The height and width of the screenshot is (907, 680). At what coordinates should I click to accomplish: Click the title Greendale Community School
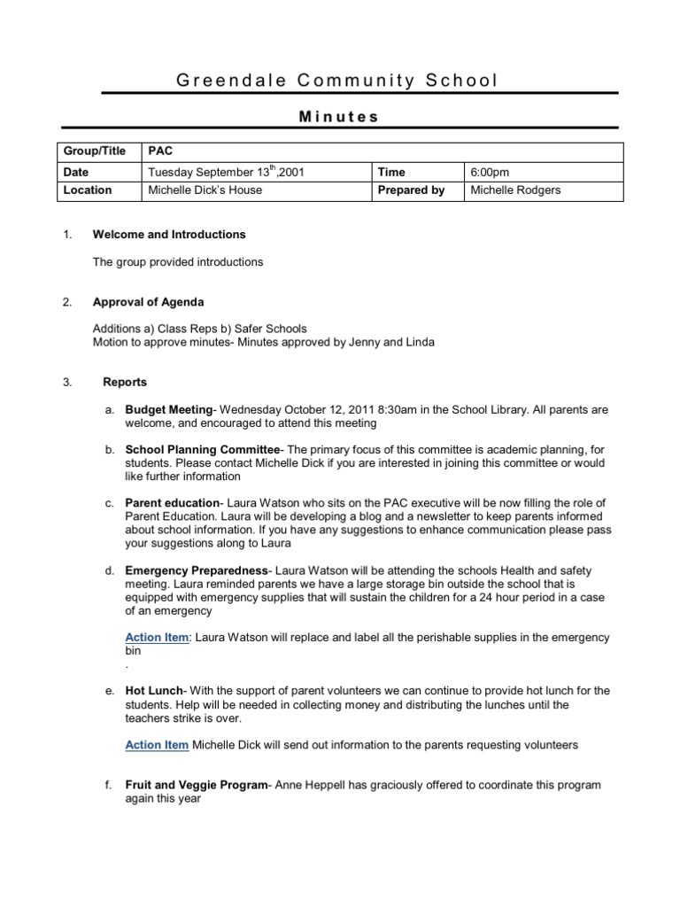pyautogui.click(x=337, y=81)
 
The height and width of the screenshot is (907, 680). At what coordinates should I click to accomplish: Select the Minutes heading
pyautogui.click(x=337, y=116)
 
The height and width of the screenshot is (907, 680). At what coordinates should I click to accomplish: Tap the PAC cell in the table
pyautogui.click(x=160, y=151)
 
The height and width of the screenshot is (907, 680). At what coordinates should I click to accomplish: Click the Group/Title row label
pyautogui.click(x=94, y=151)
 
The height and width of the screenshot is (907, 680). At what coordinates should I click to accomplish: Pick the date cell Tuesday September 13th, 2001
pyautogui.click(x=226, y=172)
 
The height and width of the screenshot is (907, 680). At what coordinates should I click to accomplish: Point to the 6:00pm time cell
pyautogui.click(x=490, y=172)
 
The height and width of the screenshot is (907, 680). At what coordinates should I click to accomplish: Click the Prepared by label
pyautogui.click(x=411, y=190)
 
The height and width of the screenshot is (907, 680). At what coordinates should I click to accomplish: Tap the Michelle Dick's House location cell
pyautogui.click(x=205, y=190)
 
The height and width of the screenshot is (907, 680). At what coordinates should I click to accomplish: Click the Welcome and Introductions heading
pyautogui.click(x=169, y=235)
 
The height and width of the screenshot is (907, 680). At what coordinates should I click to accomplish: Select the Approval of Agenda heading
pyautogui.click(x=148, y=302)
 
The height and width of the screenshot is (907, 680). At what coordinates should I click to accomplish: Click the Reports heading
pyautogui.click(x=125, y=383)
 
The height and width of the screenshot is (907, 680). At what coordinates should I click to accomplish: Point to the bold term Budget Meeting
pyautogui.click(x=168, y=410)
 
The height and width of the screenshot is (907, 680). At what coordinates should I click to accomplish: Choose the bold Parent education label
pyautogui.click(x=172, y=503)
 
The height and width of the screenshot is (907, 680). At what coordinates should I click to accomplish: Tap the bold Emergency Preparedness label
pyautogui.click(x=194, y=570)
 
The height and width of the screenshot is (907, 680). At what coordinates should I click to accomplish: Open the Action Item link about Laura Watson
pyautogui.click(x=157, y=638)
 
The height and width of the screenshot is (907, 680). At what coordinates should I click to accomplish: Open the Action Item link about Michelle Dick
pyautogui.click(x=157, y=745)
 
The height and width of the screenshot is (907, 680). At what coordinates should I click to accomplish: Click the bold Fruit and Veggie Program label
pyautogui.click(x=196, y=785)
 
